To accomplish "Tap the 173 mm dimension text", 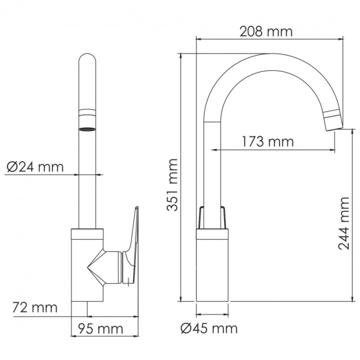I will (267, 142).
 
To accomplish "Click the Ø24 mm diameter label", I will (35, 167).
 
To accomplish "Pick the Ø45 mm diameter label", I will (209, 328).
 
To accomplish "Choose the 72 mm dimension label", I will (35, 307).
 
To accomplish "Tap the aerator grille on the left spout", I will (87, 129).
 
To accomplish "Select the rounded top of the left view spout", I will (87, 62).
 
